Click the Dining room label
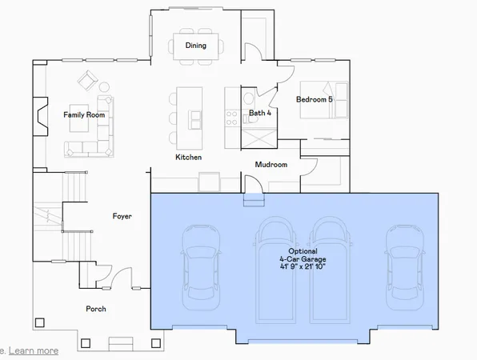point(196,46)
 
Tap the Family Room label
point(85,115)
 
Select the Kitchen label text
point(188,158)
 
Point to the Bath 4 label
point(260,114)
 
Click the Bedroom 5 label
point(315,99)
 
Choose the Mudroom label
point(271,165)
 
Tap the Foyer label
point(122,217)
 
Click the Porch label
point(97,309)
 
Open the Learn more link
point(34,350)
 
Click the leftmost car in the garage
point(199,268)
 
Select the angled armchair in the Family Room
point(86,81)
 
